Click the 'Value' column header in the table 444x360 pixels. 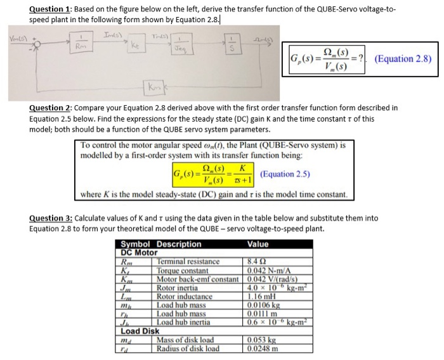(x=259, y=244)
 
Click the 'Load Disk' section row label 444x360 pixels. (x=140, y=330)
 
